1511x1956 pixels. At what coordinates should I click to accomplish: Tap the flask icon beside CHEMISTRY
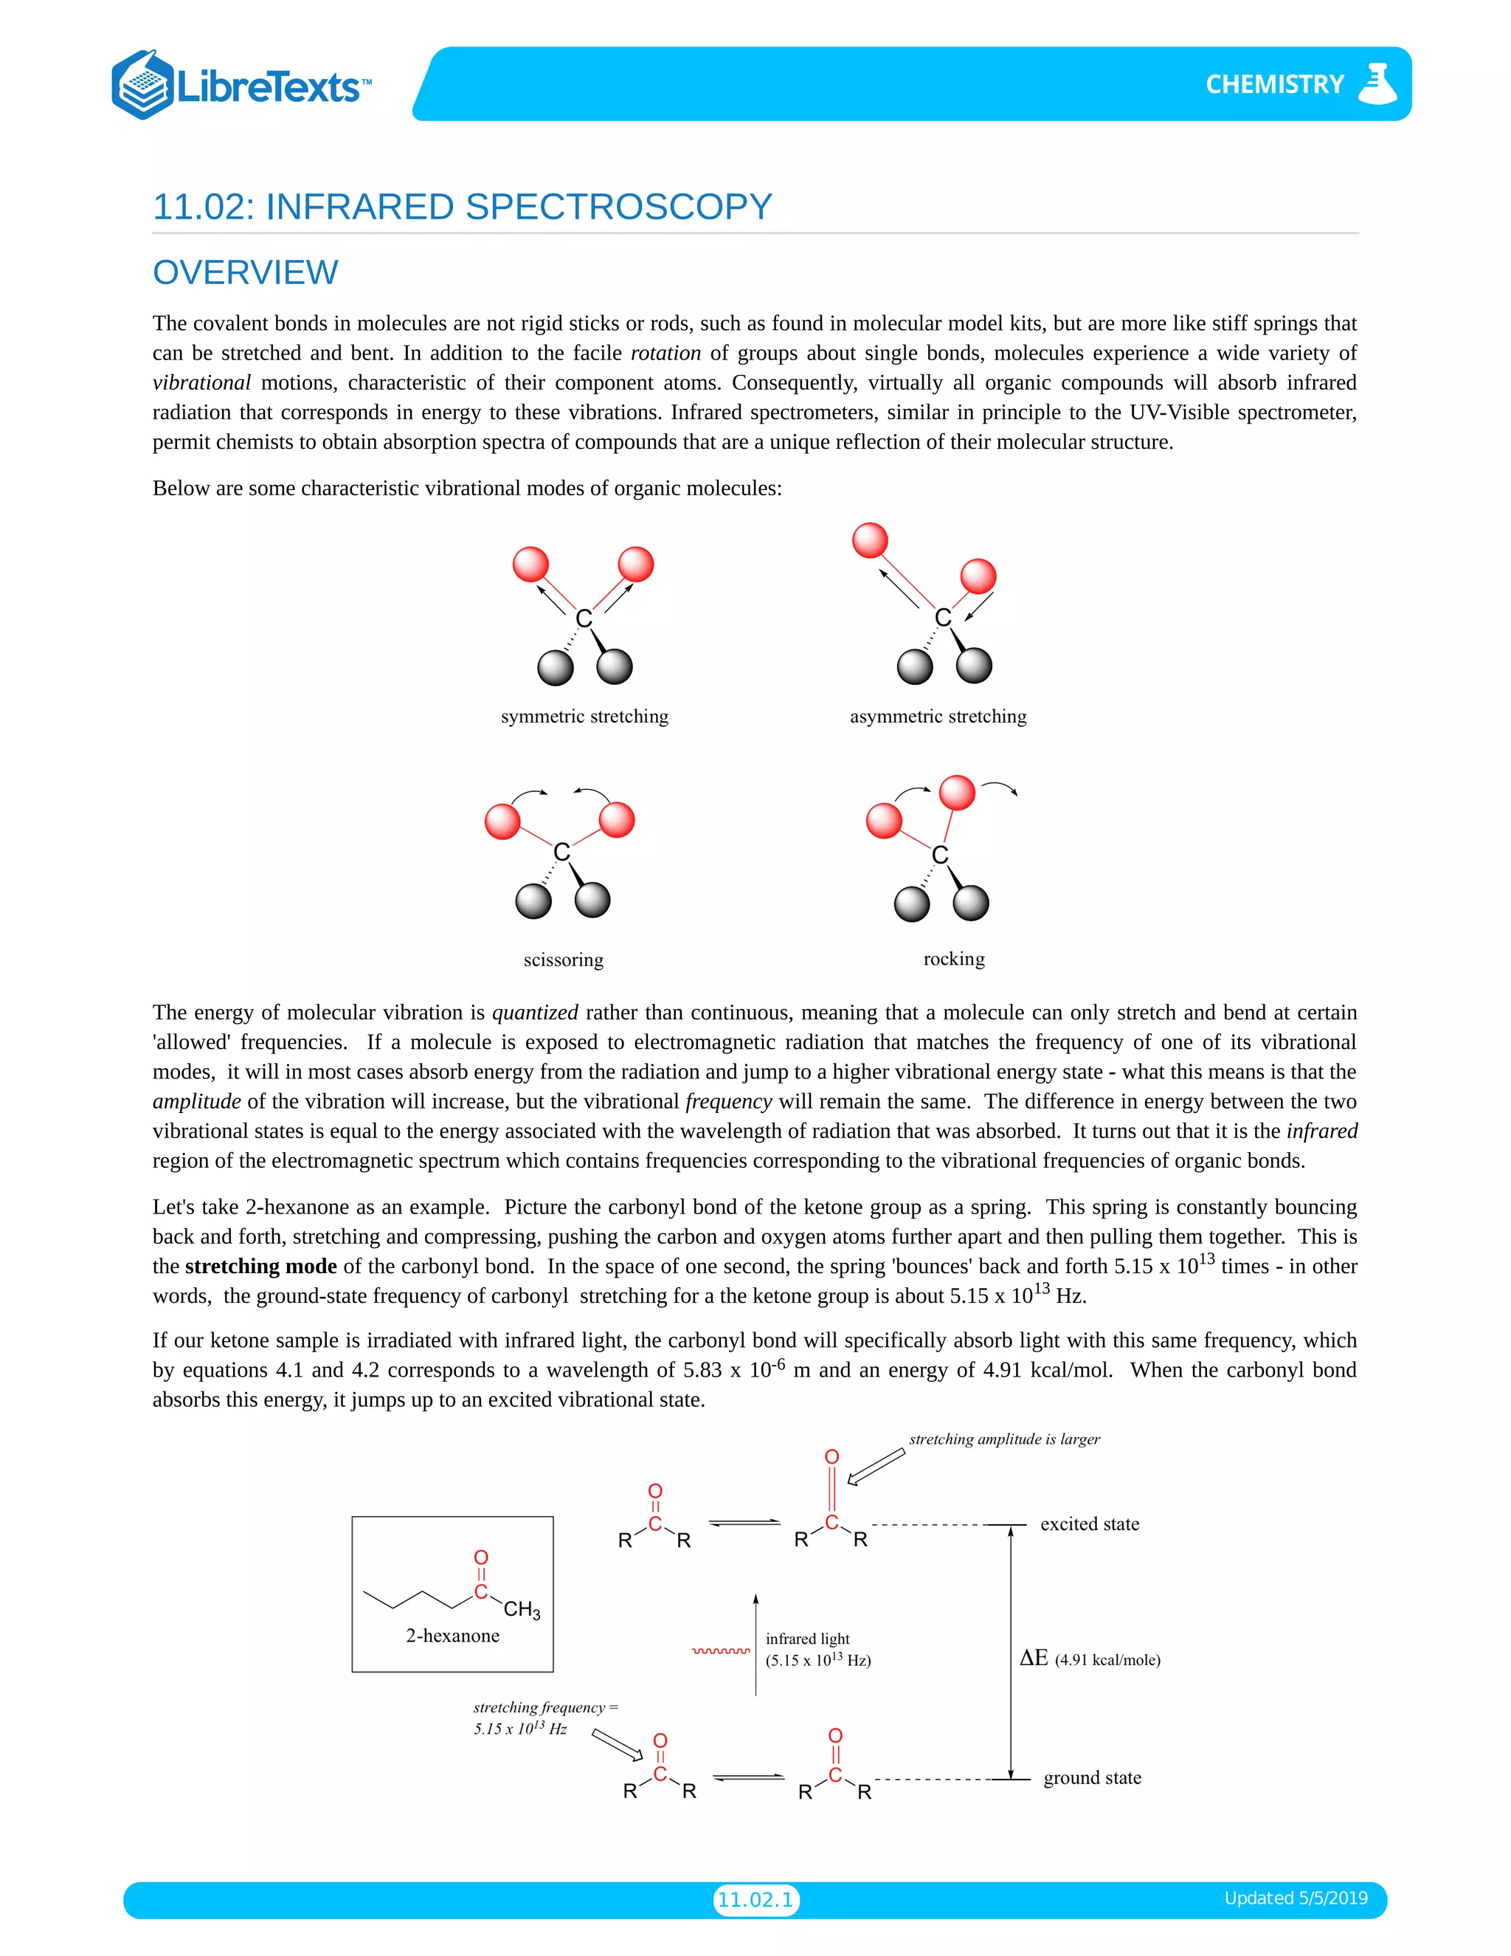pyautogui.click(x=1377, y=83)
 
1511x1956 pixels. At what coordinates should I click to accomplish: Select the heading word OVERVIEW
pyautogui.click(x=245, y=272)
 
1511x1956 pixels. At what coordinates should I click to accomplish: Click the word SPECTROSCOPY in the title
pyautogui.click(x=618, y=207)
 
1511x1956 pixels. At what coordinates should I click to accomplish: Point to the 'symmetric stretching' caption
pyautogui.click(x=584, y=717)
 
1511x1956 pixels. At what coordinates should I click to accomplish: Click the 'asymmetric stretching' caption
pyautogui.click(x=937, y=717)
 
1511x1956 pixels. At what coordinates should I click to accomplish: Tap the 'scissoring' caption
pyautogui.click(x=563, y=960)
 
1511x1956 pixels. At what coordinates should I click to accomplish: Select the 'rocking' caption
pyautogui.click(x=953, y=960)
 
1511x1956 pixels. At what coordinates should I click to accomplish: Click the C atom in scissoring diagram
pyautogui.click(x=561, y=852)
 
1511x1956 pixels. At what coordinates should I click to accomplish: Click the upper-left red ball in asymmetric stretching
pyautogui.click(x=870, y=540)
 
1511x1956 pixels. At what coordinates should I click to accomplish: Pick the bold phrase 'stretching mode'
pyautogui.click(x=260, y=1267)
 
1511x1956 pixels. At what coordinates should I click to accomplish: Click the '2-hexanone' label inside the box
pyautogui.click(x=452, y=1636)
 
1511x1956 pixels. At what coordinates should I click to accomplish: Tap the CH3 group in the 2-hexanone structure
pyautogui.click(x=521, y=1609)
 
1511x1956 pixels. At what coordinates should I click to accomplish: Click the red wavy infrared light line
pyautogui.click(x=721, y=1650)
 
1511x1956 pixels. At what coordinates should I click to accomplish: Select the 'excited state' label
pyautogui.click(x=1090, y=1524)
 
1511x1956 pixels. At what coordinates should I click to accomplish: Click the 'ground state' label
pyautogui.click(x=1092, y=1778)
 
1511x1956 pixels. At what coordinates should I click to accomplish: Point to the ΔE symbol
pyautogui.click(x=1033, y=1658)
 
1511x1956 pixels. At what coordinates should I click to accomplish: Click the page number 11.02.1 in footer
pyautogui.click(x=755, y=1900)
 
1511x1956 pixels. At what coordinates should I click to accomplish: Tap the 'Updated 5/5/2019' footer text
pyautogui.click(x=1296, y=1898)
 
